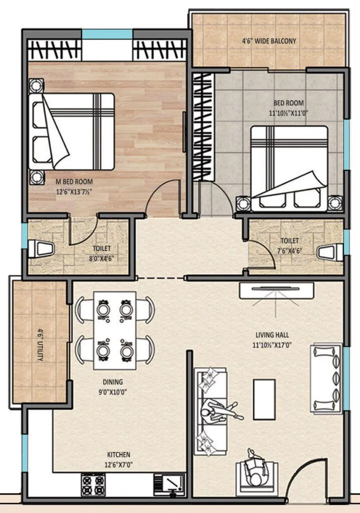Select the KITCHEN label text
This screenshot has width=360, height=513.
pyautogui.click(x=118, y=454)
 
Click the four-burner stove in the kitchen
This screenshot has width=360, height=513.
pyautogui.click(x=93, y=484)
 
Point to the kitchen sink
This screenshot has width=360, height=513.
pyautogui.click(x=169, y=484)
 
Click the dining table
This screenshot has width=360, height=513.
pyautogui.click(x=115, y=323)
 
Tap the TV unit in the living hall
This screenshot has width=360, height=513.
pyautogui.click(x=276, y=291)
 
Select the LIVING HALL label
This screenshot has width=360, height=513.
pyautogui.click(x=271, y=335)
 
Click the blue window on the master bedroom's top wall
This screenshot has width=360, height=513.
pyautogui.click(x=107, y=34)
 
